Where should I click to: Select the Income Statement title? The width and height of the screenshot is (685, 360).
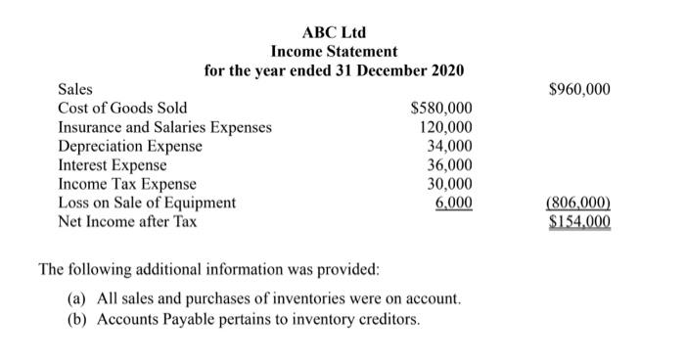click(x=335, y=51)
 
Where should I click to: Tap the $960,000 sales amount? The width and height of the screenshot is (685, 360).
click(x=579, y=90)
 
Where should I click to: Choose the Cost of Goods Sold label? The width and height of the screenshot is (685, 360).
click(x=123, y=109)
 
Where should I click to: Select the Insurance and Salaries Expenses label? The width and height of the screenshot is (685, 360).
click(x=165, y=127)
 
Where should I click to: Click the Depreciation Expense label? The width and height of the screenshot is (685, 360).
click(x=130, y=146)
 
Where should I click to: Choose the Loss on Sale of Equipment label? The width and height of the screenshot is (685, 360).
click(x=147, y=202)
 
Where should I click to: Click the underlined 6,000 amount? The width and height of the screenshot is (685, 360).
click(x=454, y=202)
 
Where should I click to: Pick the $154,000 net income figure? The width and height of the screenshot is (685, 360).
click(x=579, y=222)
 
